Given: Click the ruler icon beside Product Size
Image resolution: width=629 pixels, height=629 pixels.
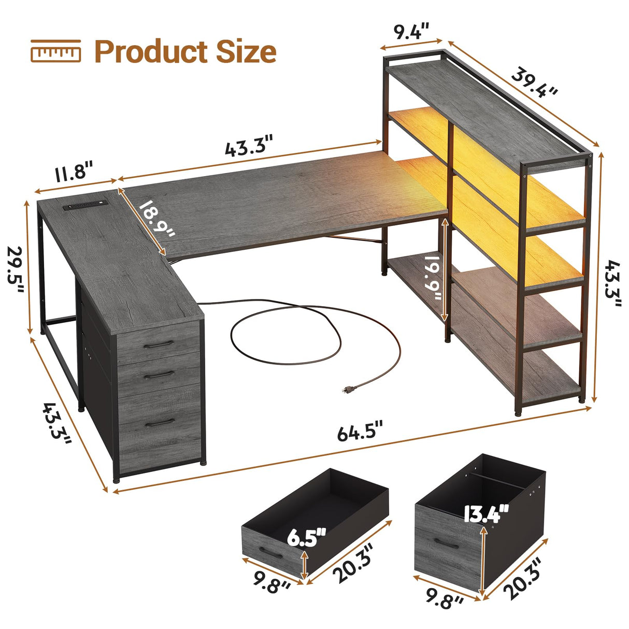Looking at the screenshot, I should click(55, 51).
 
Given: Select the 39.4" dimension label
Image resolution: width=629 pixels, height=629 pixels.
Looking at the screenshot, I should click(535, 82).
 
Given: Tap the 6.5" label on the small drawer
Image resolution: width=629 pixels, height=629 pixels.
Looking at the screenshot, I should click(307, 537).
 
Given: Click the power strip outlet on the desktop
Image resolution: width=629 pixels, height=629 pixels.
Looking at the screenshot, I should click(84, 206).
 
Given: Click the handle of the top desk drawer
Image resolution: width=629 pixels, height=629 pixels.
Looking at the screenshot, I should click(158, 345).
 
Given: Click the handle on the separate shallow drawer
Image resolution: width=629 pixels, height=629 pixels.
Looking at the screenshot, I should click(270, 552).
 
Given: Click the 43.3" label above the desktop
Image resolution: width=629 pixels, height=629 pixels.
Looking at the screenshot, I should click(248, 146).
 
